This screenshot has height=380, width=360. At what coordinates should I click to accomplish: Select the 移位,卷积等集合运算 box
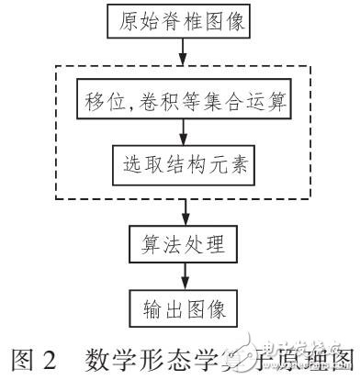(x=182, y=101)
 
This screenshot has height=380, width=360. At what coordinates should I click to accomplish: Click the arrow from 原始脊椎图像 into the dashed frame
(x=182, y=53)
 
